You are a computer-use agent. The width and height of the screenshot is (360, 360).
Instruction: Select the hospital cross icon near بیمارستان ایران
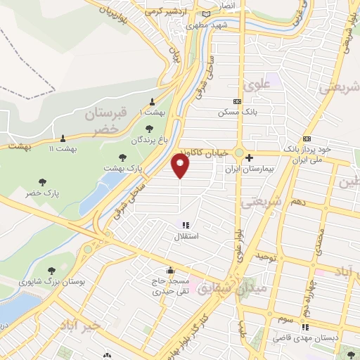(249, 158)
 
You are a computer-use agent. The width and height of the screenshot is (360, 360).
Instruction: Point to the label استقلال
(186, 237)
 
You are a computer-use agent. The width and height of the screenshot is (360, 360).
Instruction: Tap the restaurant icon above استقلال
(186, 226)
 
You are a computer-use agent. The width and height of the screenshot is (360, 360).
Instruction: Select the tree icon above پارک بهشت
(123, 158)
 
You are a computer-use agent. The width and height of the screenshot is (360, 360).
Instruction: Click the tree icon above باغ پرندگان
(148, 129)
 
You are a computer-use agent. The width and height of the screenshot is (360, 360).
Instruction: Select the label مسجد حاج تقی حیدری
(169, 285)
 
